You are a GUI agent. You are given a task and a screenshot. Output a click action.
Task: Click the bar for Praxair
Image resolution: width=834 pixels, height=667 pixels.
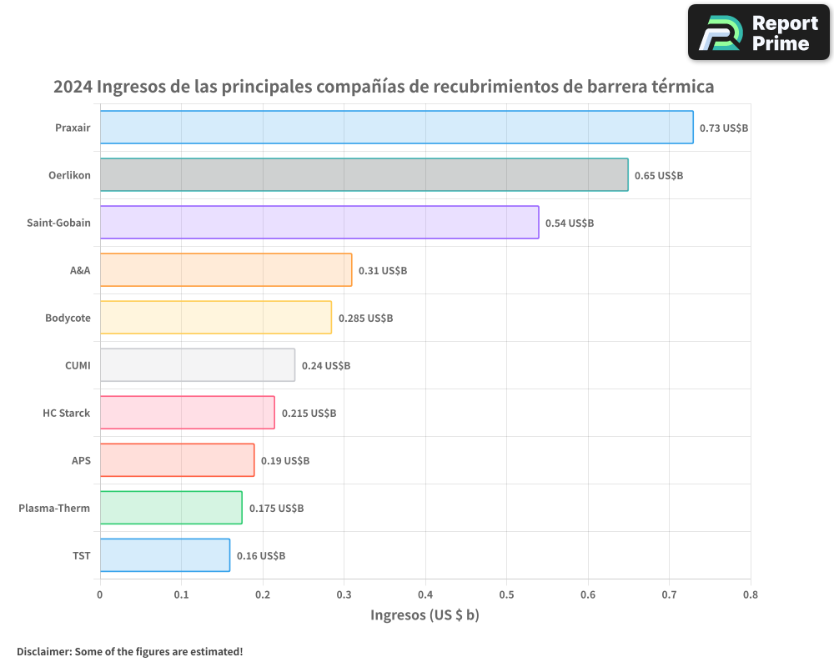point(396,128)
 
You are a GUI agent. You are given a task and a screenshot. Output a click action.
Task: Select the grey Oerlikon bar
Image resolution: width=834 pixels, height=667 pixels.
point(364,175)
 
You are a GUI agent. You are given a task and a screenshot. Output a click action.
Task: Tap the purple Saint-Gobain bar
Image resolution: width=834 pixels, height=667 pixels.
point(319,223)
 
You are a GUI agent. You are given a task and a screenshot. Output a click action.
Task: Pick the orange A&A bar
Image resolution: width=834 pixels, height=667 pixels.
point(226,270)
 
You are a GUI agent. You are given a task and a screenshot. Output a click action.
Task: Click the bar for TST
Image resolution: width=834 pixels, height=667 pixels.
point(165,555)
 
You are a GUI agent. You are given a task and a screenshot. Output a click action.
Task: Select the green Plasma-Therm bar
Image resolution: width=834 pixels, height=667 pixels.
point(171,508)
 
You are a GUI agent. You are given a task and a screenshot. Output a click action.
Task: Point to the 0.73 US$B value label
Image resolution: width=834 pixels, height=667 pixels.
point(723,128)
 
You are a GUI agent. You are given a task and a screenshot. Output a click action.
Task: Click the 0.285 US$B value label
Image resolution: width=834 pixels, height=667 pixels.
point(365,318)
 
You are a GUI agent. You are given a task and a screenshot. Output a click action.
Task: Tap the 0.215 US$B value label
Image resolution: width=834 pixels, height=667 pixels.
point(309,414)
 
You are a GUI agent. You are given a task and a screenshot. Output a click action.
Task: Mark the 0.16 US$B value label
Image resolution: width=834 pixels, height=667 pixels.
point(261,556)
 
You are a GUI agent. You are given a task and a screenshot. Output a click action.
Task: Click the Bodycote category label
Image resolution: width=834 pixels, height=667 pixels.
point(68,318)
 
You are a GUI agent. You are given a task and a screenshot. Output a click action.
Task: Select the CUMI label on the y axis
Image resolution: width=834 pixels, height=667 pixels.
point(78,365)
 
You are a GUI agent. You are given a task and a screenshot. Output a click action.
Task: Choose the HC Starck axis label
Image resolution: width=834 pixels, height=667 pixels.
point(67,413)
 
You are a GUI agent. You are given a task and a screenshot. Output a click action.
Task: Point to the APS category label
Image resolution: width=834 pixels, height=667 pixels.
point(81,460)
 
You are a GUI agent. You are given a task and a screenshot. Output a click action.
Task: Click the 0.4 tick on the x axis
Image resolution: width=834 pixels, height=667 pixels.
point(425,595)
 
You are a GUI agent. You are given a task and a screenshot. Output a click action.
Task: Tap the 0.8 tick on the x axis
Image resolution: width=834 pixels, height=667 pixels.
point(751,595)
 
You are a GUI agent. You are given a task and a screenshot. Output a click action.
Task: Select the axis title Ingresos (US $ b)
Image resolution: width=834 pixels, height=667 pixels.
point(425,616)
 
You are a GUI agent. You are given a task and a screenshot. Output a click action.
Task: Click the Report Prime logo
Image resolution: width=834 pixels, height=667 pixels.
point(759,33)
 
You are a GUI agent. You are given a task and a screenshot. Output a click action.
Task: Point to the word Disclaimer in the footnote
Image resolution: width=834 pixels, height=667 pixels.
point(43,652)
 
